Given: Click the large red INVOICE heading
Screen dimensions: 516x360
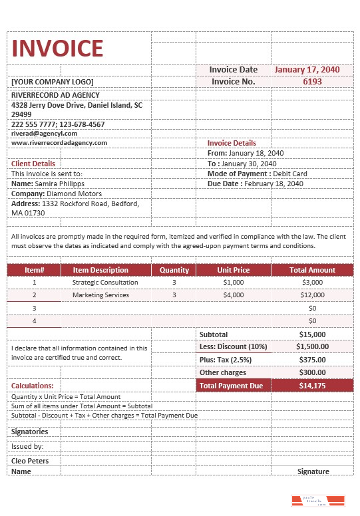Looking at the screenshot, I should (x=58, y=48).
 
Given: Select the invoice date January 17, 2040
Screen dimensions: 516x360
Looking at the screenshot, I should (x=307, y=69).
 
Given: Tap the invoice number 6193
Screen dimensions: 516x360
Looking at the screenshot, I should (x=312, y=82).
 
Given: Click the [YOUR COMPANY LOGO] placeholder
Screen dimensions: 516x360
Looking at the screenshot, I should (x=53, y=82).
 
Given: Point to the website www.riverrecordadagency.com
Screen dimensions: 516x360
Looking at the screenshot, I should (x=59, y=142).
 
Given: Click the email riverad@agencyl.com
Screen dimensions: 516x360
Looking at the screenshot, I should (x=45, y=133).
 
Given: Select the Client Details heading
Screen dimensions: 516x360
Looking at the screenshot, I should (x=33, y=164).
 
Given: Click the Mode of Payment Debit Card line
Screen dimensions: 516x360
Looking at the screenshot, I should (x=257, y=174).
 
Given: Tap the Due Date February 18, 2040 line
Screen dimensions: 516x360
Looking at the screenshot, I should (x=256, y=184).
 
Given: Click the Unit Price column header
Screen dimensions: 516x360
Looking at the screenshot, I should (x=233, y=270).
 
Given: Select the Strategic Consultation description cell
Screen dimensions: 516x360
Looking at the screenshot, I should (x=105, y=282).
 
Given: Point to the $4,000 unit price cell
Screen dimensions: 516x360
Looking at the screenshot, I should (x=234, y=295).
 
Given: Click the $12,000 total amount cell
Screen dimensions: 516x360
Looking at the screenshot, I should (x=312, y=295).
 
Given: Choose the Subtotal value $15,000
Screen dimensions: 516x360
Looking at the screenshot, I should (x=312, y=334).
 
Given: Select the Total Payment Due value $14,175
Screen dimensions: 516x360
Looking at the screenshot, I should (x=312, y=386).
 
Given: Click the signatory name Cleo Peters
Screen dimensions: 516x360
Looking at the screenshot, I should (x=30, y=460).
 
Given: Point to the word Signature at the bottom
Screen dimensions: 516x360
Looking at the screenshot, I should (x=313, y=471).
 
